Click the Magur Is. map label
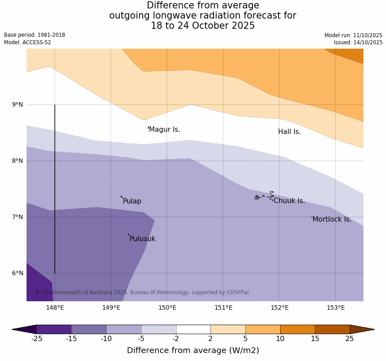coord(164,130)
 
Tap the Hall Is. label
coord(289,132)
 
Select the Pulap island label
coord(132,201)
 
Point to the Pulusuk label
coord(142,239)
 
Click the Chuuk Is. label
coord(289,201)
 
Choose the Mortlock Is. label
coord(332,219)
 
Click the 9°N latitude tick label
coord(18,105)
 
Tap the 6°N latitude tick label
coord(18,273)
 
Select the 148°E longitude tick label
coord(55,308)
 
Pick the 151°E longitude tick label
coord(223,308)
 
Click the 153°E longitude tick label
coord(336,308)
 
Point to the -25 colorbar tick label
coord(37,339)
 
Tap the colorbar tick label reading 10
coord(280,339)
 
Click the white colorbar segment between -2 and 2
coord(193,329)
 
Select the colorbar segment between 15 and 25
coord(332,329)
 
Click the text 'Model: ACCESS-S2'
coord(27,42)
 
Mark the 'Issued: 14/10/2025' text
coord(358,42)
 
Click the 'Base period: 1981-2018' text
coord(34,35)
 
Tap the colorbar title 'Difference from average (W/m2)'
coord(193,350)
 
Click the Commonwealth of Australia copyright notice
coord(142,292)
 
